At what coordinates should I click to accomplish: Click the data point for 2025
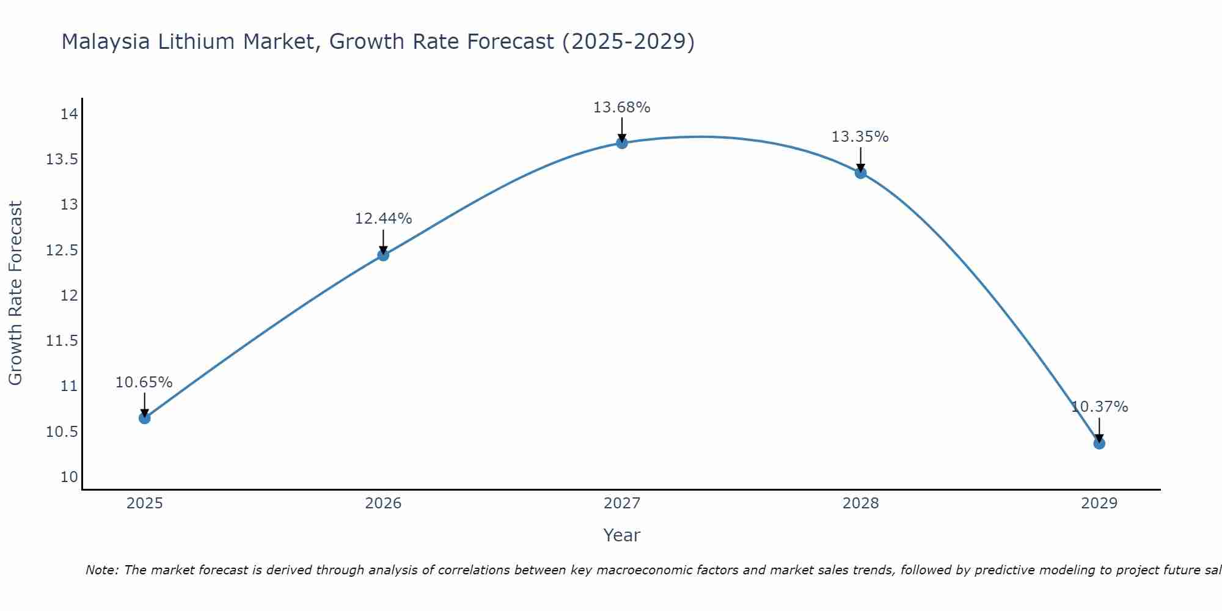click(145, 418)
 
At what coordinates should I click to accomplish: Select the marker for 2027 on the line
click(622, 143)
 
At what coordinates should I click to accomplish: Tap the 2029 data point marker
click(1099, 443)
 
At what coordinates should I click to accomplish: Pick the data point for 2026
click(383, 255)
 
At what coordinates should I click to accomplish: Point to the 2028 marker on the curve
click(860, 173)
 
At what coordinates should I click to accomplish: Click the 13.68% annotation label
click(622, 108)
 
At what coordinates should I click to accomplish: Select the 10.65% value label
click(144, 382)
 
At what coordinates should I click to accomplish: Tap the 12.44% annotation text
click(383, 219)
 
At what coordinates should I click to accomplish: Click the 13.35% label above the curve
click(860, 137)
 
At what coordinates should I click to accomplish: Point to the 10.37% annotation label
click(1099, 407)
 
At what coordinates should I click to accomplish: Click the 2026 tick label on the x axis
click(383, 503)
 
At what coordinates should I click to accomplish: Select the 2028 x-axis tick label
click(860, 503)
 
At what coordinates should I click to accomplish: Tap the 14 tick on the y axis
click(69, 114)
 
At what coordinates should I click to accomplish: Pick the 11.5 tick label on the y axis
click(62, 341)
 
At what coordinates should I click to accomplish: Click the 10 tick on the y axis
click(69, 477)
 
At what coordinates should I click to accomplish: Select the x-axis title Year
click(621, 535)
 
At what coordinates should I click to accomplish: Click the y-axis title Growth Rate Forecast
click(15, 293)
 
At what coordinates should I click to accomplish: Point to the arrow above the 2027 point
click(622, 129)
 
